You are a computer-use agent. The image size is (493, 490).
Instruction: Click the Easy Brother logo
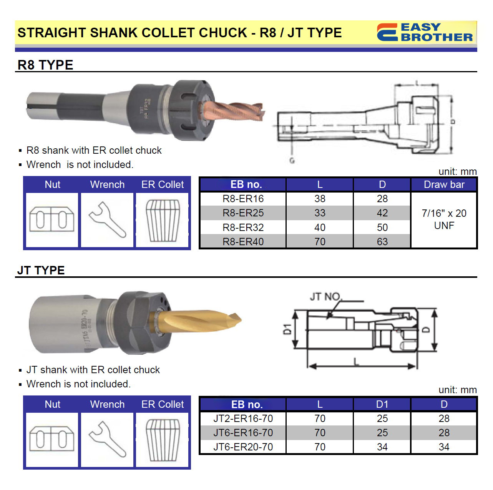tap(425, 32)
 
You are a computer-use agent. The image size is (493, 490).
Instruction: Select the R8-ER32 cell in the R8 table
tap(243, 228)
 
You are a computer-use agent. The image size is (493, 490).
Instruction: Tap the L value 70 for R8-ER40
tap(320, 242)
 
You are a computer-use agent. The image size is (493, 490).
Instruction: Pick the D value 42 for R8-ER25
tap(382, 213)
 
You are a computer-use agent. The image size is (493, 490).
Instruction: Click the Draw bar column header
tap(444, 184)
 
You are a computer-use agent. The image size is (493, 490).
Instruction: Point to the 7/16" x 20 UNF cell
tap(444, 219)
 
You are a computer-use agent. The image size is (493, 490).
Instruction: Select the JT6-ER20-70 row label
tap(243, 447)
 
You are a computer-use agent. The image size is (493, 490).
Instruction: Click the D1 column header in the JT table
tap(382, 404)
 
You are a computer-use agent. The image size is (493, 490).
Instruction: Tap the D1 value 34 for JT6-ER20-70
tap(382, 447)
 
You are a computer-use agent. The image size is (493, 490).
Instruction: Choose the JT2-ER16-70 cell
tap(243, 419)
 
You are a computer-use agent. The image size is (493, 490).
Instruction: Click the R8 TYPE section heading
tap(45, 65)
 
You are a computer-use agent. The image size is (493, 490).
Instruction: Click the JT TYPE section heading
tap(41, 270)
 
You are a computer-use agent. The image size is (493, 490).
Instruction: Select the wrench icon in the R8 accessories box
tap(107, 220)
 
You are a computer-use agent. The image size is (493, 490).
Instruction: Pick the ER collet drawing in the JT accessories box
tap(163, 440)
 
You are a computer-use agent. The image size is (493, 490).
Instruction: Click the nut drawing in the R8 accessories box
tap(52, 219)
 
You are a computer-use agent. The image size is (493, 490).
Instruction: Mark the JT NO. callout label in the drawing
tap(325, 297)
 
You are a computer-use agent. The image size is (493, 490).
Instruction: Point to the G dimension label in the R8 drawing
tap(292, 160)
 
